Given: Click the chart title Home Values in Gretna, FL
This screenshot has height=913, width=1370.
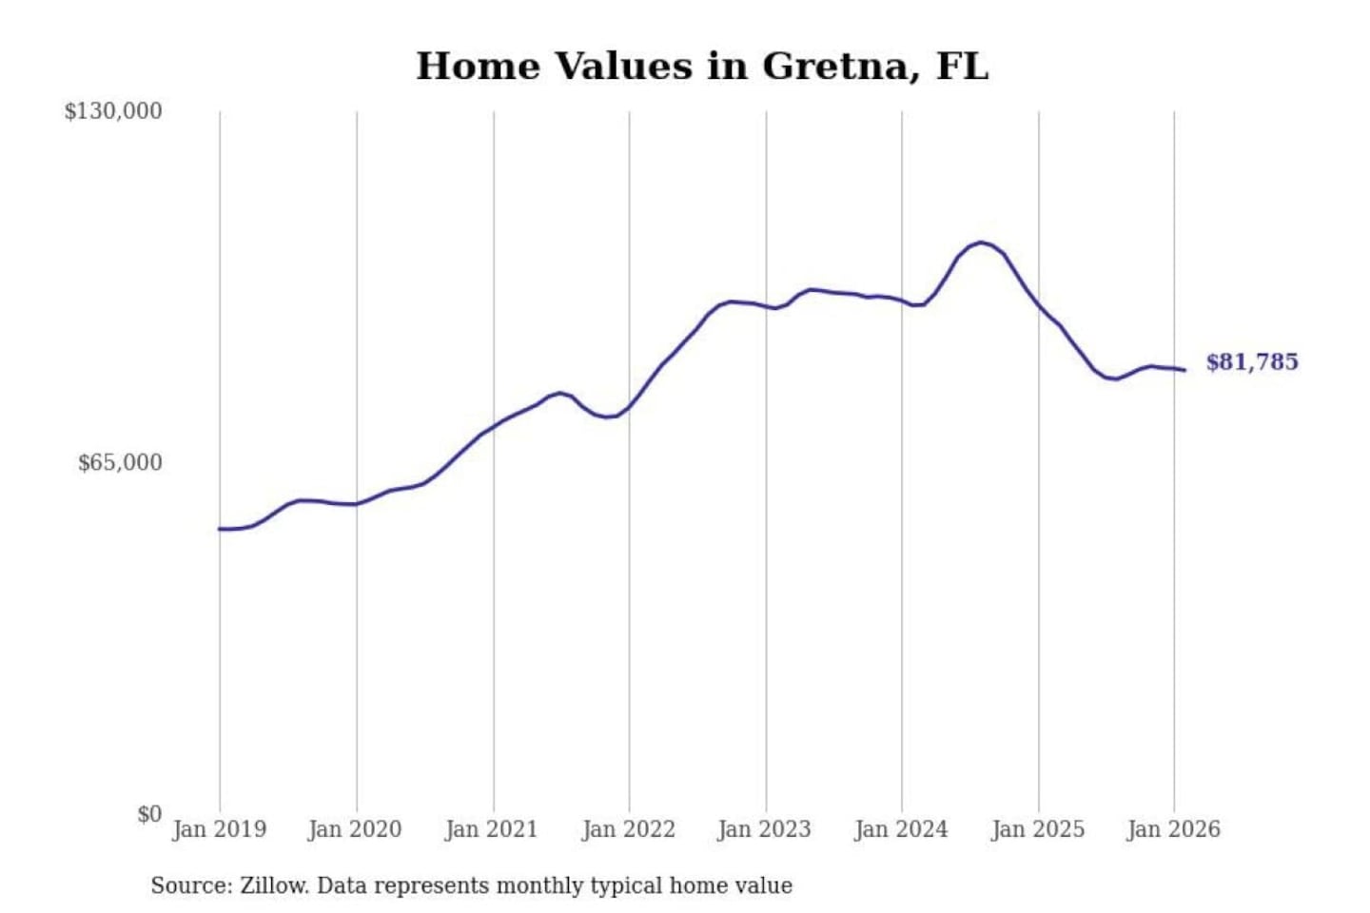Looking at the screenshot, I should (702, 67).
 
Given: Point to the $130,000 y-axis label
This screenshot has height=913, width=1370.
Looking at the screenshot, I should (113, 111).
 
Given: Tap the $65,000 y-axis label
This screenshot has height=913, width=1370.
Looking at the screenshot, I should (120, 463).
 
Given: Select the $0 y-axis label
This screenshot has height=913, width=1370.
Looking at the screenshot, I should (149, 814).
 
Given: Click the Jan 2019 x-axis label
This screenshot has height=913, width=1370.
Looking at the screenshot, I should (219, 829).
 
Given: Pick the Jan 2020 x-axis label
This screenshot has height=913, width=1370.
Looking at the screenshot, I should (355, 829).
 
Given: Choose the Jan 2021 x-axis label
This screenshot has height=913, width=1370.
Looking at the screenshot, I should (492, 829).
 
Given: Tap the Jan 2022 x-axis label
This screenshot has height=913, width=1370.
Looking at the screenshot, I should (628, 829).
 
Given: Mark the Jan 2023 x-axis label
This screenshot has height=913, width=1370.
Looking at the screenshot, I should (764, 829).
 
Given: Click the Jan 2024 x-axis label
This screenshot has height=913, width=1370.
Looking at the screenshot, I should (901, 829).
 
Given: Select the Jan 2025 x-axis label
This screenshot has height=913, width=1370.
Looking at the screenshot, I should (1038, 829).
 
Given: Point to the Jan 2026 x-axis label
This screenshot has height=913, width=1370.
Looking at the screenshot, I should (1173, 829).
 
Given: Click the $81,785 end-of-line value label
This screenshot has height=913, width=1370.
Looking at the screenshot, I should (1252, 362).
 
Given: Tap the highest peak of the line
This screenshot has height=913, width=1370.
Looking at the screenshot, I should (981, 243).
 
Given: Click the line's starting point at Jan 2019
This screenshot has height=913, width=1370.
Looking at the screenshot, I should (220, 529).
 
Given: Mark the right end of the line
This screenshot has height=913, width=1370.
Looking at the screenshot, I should (1184, 370).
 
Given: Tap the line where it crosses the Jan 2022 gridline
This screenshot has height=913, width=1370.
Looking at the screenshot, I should (629, 406).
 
